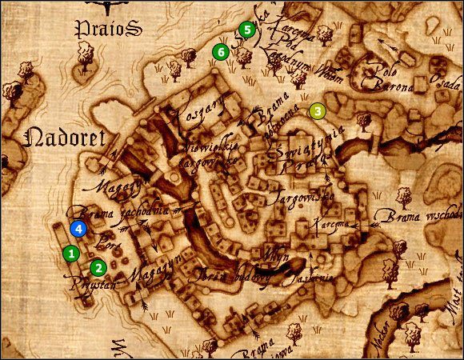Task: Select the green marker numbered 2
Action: tap(98, 267)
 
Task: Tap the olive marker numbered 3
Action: tap(318, 111)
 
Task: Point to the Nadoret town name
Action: tap(66, 138)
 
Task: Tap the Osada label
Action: tap(447, 82)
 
